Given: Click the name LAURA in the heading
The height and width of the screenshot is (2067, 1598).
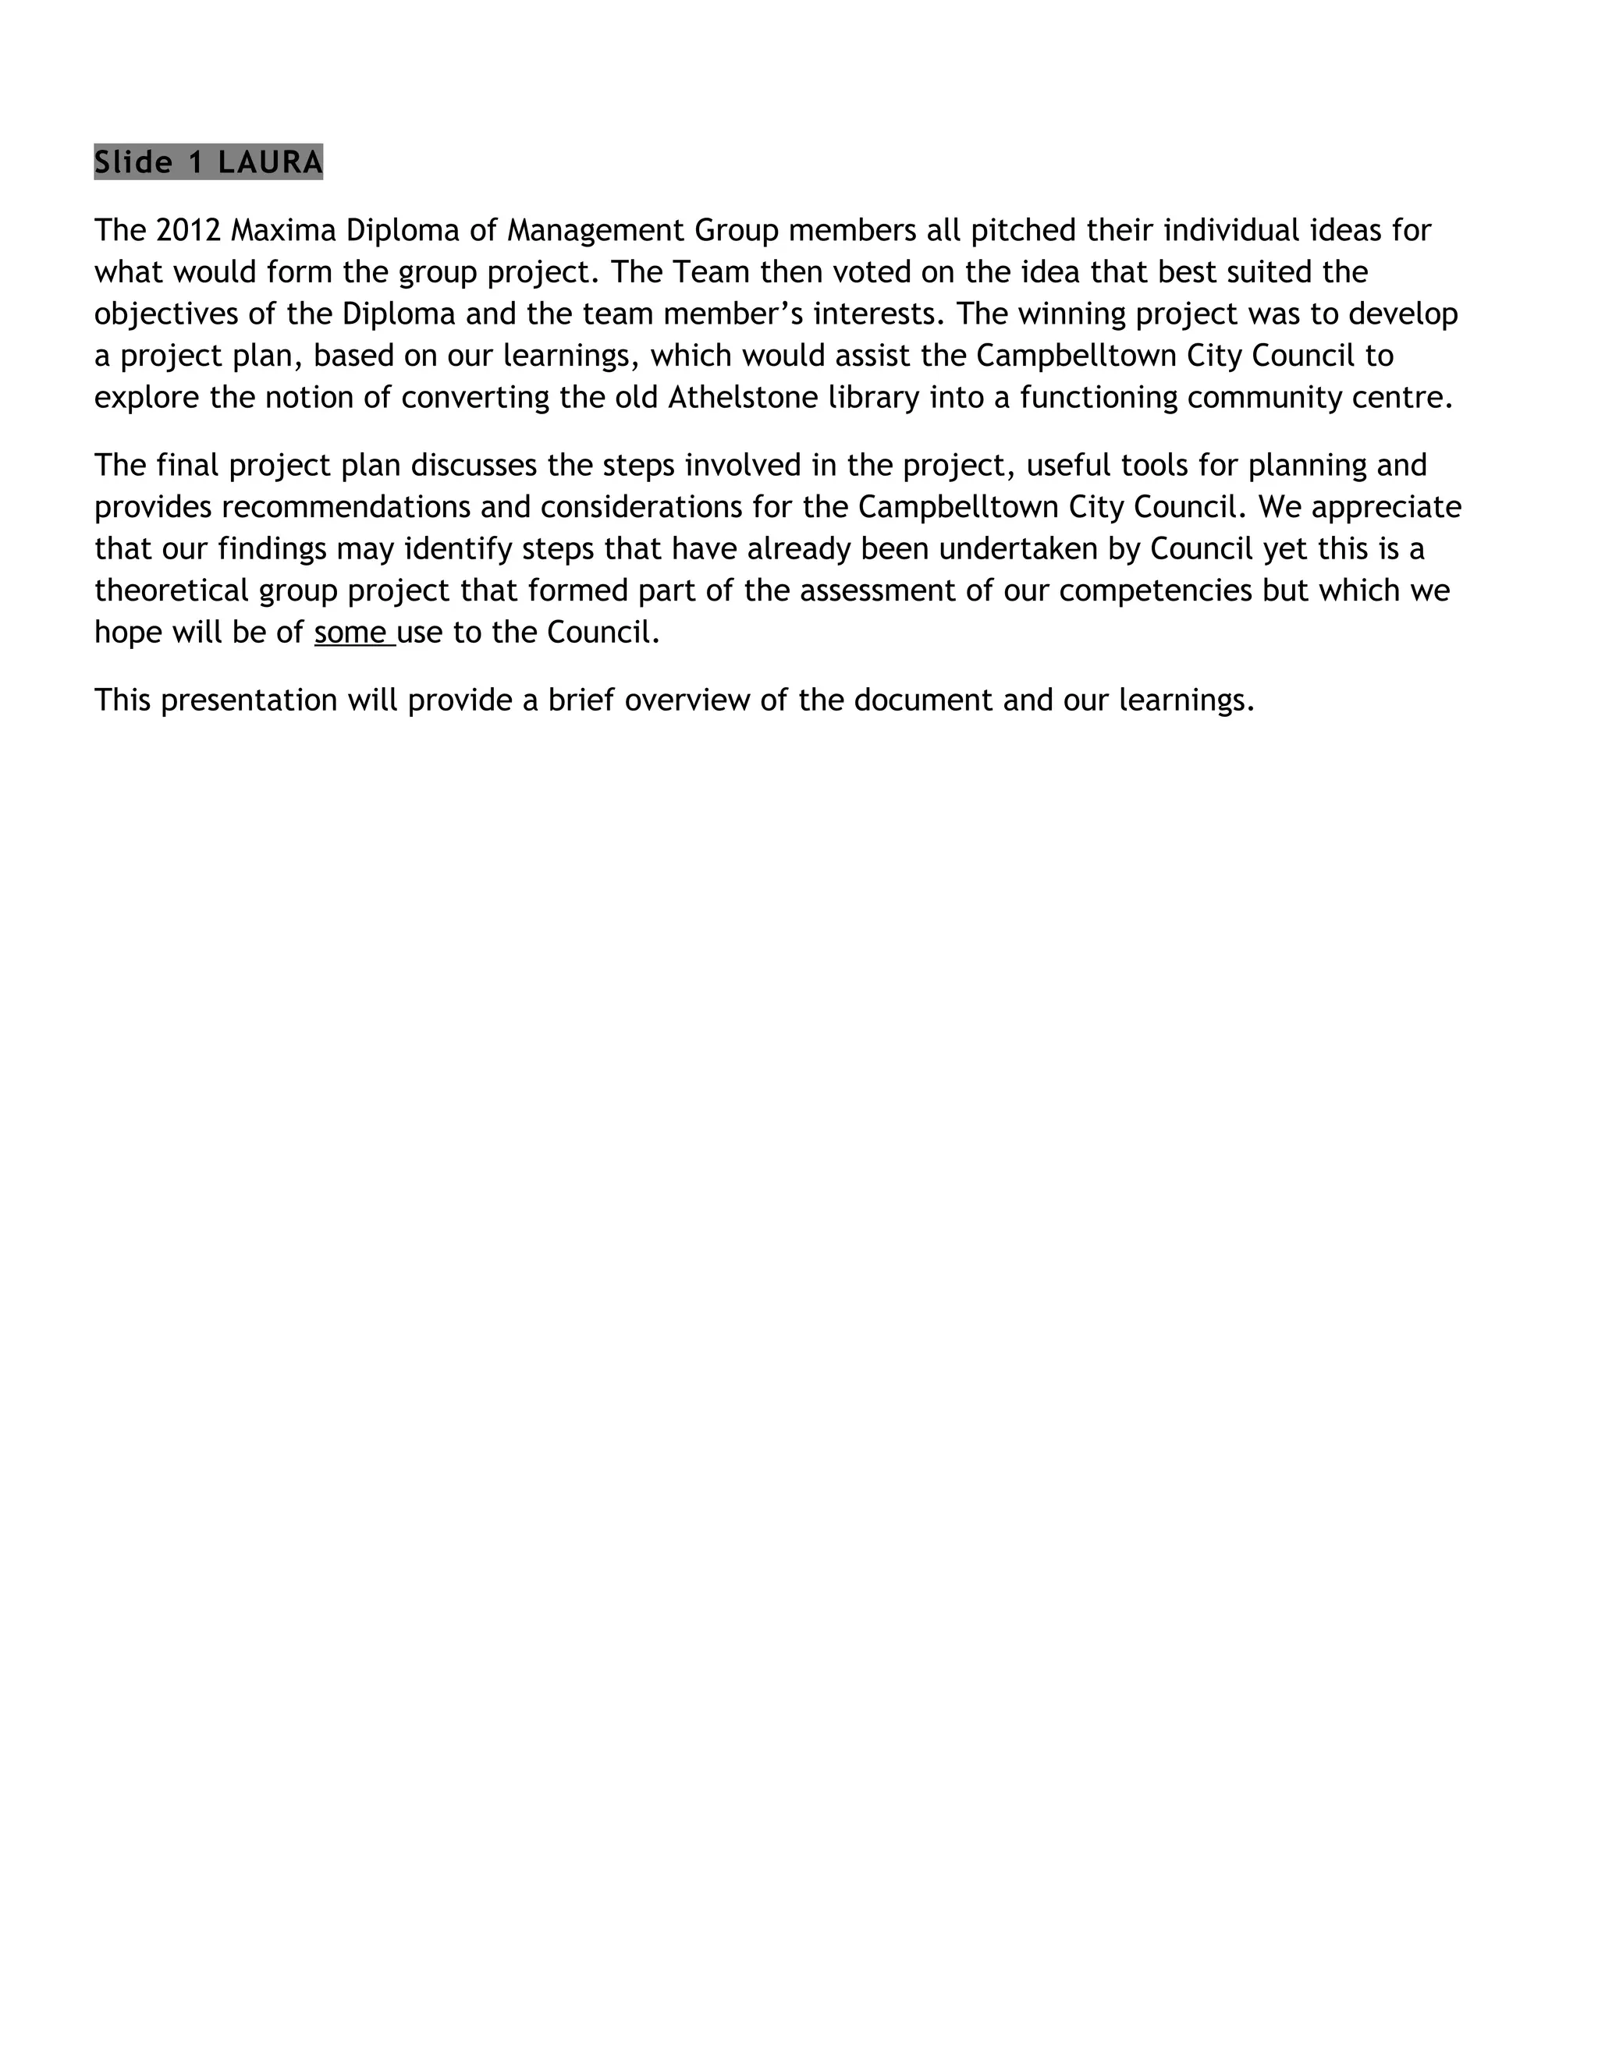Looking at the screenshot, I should point(270,163).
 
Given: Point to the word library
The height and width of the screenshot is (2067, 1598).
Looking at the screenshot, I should point(874,396).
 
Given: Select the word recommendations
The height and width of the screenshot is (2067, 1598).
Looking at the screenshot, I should point(346,506).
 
